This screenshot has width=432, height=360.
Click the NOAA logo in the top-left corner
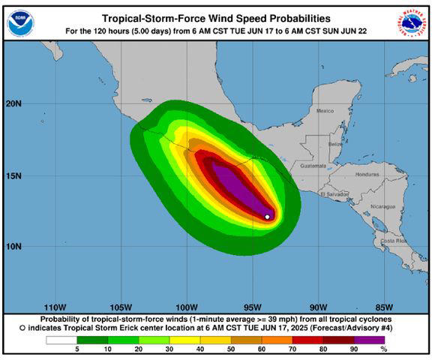(x=20, y=22)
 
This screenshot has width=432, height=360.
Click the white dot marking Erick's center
(x=268, y=217)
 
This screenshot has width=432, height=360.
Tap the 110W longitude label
(x=55, y=307)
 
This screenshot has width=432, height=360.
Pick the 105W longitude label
(x=121, y=307)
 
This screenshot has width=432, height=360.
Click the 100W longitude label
(x=187, y=307)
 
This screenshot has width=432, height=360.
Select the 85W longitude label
(x=385, y=307)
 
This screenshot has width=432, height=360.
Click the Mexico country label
(x=325, y=111)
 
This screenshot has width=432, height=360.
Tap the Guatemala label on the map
(x=313, y=165)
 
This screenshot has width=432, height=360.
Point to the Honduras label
(x=367, y=174)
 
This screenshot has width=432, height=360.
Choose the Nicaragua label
(x=382, y=205)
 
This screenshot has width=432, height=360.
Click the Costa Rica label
(x=393, y=241)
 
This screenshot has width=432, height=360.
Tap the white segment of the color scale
(x=61, y=340)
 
